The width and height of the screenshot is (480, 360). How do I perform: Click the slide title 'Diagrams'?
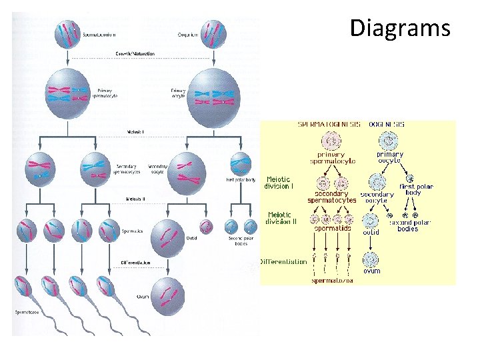tap(400, 29)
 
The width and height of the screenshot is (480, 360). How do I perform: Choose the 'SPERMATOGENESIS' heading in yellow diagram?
tap(327, 125)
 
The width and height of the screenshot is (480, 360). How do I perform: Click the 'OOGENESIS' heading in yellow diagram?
tap(387, 125)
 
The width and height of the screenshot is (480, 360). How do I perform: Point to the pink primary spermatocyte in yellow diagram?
tap(331, 141)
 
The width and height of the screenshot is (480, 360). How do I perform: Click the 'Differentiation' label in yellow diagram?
tap(283, 262)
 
